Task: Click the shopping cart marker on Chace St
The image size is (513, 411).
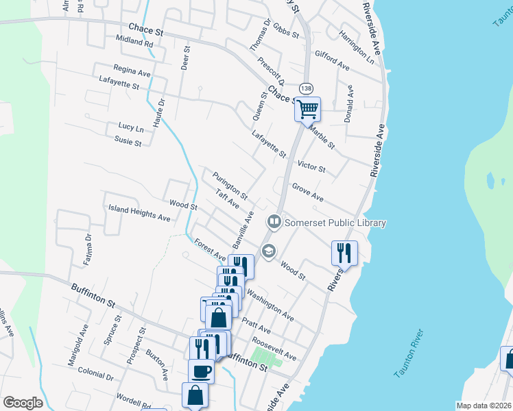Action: [308, 108]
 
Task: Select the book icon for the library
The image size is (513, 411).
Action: [274, 221]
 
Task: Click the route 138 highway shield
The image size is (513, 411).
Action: [305, 88]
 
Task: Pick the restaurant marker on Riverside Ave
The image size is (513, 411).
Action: [344, 253]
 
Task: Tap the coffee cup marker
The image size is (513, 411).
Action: [201, 371]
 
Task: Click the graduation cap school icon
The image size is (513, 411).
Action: [268, 251]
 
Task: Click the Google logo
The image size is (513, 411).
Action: [23, 402]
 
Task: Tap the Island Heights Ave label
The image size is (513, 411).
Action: [139, 213]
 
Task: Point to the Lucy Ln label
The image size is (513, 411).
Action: [131, 127]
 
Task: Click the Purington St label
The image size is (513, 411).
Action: [230, 186]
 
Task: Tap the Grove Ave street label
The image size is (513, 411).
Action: [307, 192]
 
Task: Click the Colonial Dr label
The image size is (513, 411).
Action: [95, 376]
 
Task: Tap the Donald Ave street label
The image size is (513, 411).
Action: [349, 100]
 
